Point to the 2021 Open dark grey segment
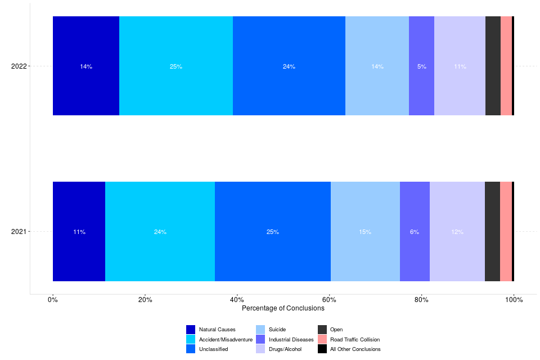click(492, 231)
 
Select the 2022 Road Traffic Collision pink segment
click(506, 66)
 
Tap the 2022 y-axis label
click(19, 66)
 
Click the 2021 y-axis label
click(19, 232)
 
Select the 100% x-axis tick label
click(514, 300)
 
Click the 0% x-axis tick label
click(53, 300)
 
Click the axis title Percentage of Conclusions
click(283, 309)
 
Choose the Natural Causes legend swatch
click(191, 330)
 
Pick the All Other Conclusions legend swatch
click(322, 349)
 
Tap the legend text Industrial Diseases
click(291, 340)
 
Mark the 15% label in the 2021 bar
click(365, 232)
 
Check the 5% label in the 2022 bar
click(421, 66)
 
